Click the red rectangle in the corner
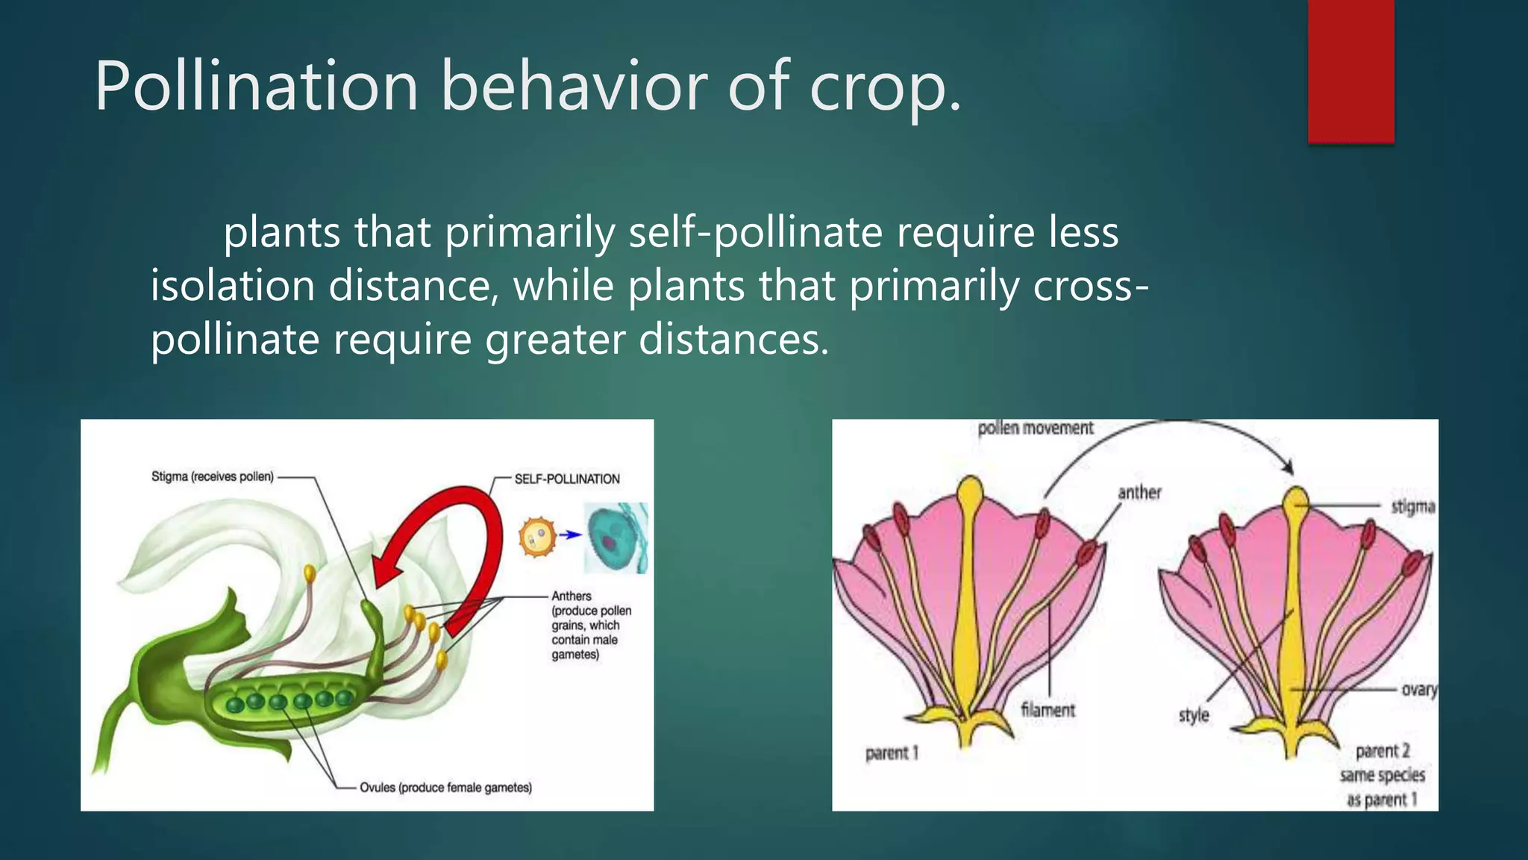(x=1350, y=71)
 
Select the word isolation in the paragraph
(x=232, y=286)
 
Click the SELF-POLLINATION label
(x=567, y=479)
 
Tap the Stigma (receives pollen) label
(x=212, y=476)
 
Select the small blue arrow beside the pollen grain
(x=571, y=535)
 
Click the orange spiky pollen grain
(x=538, y=537)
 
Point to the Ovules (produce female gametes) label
(x=445, y=788)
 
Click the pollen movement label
(x=1035, y=429)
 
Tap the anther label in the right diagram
(x=1139, y=493)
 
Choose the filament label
(x=1048, y=710)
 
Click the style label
(x=1193, y=715)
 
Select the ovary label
(x=1418, y=690)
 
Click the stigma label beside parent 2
(x=1412, y=507)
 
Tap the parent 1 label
(x=892, y=753)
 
